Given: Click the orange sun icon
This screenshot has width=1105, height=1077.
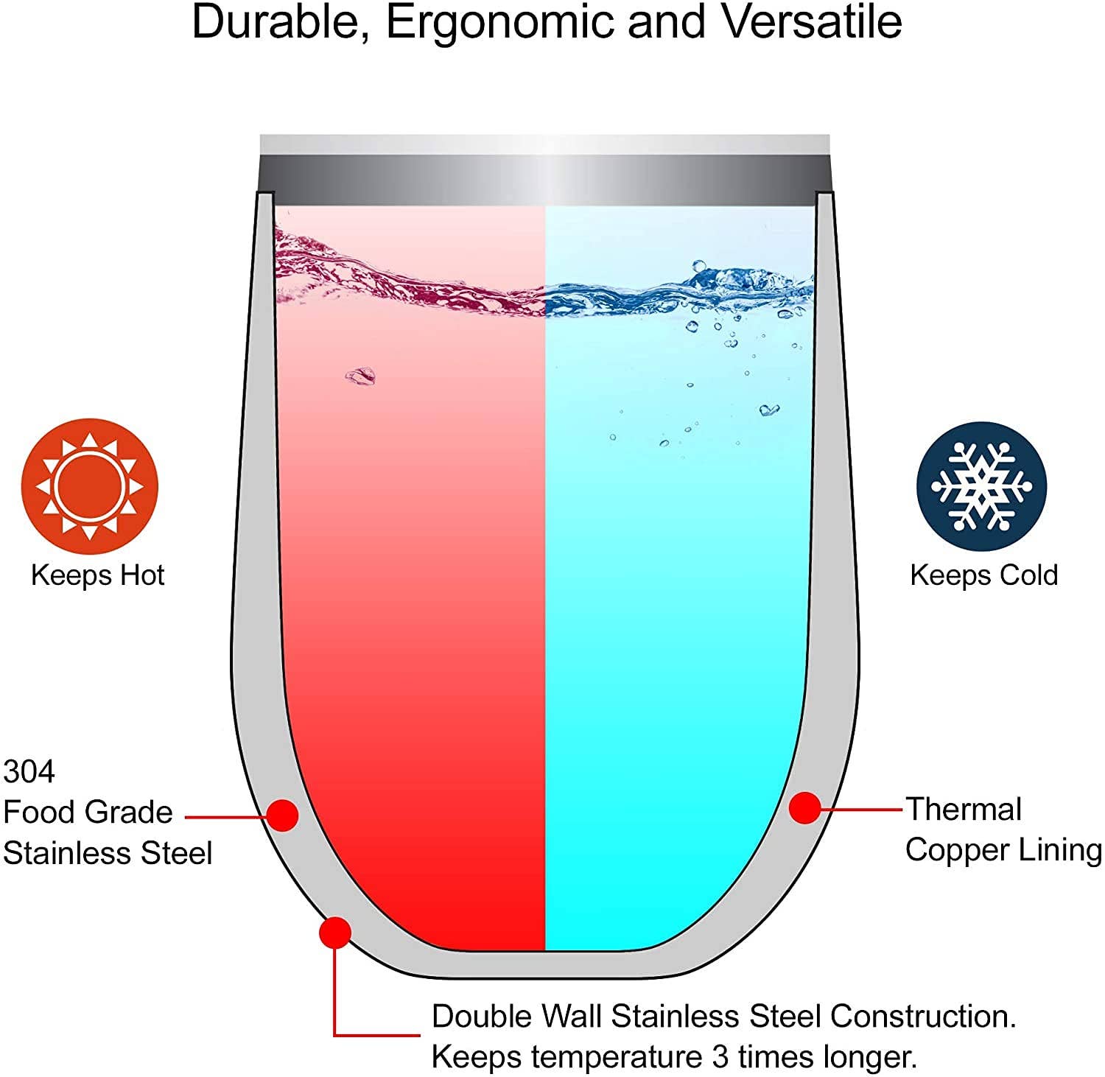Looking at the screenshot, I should tap(89, 486).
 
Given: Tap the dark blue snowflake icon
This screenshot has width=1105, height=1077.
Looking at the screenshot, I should tap(981, 486).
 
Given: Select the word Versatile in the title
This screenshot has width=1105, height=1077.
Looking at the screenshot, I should tap(812, 22).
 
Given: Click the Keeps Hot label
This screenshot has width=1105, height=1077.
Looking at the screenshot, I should tap(97, 575).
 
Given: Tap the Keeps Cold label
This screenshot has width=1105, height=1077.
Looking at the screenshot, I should tap(983, 575).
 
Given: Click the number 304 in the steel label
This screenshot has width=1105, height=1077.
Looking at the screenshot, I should tap(29, 772).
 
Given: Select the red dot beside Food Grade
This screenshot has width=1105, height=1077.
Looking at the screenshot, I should tap(281, 815).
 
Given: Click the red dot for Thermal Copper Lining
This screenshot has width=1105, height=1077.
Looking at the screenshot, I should tap(804, 808).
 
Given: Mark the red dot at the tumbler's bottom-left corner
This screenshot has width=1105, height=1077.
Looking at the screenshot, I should tap(335, 933).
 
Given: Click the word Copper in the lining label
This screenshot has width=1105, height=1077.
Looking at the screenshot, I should tap(956, 850).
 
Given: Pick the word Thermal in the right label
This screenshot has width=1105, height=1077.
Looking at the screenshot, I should tap(964, 810).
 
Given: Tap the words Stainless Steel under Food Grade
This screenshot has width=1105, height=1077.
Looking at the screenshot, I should tap(108, 854).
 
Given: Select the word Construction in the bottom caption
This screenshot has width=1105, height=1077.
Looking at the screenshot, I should tap(923, 1017).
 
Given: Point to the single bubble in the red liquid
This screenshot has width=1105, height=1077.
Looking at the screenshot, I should tap(360, 376).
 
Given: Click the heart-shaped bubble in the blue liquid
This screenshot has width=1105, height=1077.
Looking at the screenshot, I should tap(769, 410).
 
